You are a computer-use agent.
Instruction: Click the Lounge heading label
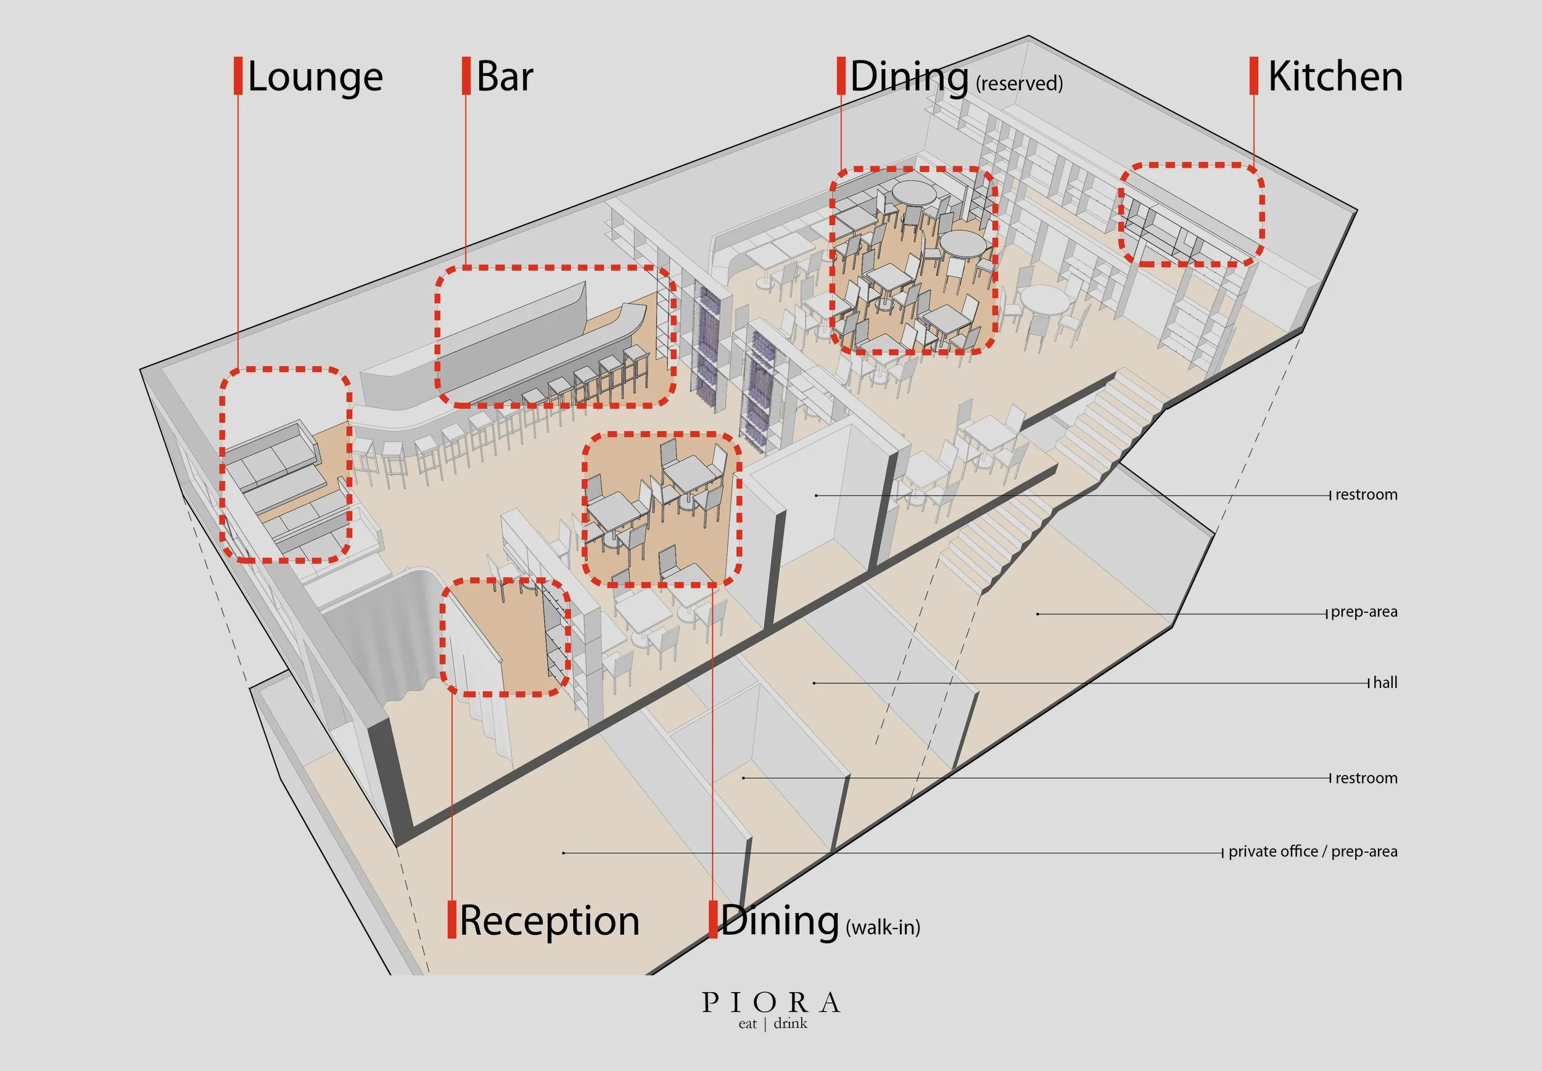pyautogui.click(x=315, y=77)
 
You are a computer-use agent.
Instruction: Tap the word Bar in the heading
pyautogui.click(x=505, y=76)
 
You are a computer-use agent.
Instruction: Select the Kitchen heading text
pyautogui.click(x=1335, y=76)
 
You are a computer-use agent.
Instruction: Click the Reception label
pyautogui.click(x=549, y=921)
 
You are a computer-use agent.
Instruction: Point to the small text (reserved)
pyautogui.click(x=1019, y=84)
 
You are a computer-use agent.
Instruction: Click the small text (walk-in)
pyautogui.click(x=883, y=927)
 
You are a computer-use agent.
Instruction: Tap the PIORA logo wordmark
pyautogui.click(x=770, y=1003)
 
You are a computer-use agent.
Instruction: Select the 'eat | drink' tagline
pyautogui.click(x=772, y=1024)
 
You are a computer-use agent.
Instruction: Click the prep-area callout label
pyautogui.click(x=1364, y=612)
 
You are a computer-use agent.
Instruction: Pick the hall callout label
pyautogui.click(x=1385, y=683)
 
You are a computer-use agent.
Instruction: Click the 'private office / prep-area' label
pyautogui.click(x=1313, y=851)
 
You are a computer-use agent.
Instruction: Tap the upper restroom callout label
pyautogui.click(x=1366, y=495)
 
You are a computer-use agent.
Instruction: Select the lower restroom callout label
pyautogui.click(x=1366, y=778)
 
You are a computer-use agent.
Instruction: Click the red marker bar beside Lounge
pyautogui.click(x=237, y=76)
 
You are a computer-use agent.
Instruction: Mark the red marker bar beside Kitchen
pyautogui.click(x=1253, y=76)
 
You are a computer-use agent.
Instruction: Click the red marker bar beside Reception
pyautogui.click(x=451, y=920)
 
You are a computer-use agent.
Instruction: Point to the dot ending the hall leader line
pyautogui.click(x=814, y=683)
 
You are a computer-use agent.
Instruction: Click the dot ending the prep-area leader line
pyautogui.click(x=1037, y=614)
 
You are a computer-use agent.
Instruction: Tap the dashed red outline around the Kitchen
pyautogui.click(x=1191, y=165)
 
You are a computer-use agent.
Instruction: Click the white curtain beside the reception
pyautogui.click(x=376, y=638)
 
